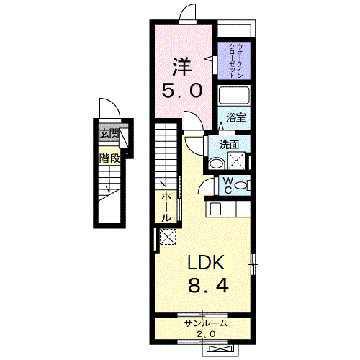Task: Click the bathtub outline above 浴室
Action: tap(234, 96)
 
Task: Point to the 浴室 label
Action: tap(236, 117)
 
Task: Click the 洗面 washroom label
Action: tap(229, 144)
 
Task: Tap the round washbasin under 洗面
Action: tap(215, 163)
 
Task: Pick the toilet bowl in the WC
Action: tap(243, 186)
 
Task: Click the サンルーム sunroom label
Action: tap(205, 323)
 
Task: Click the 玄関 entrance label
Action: tap(109, 133)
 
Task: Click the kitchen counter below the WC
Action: tap(229, 209)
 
